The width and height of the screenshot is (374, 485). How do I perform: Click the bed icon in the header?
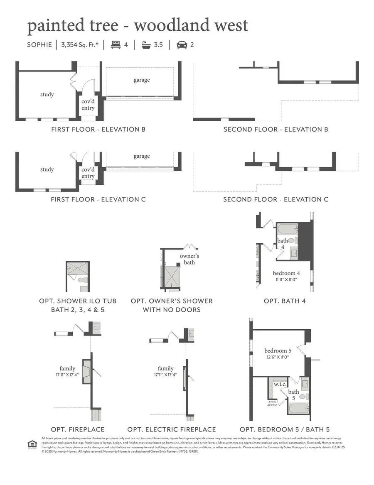(115, 44)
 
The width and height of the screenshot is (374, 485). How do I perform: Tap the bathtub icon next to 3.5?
(146, 44)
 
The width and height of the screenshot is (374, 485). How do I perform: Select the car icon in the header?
(182, 44)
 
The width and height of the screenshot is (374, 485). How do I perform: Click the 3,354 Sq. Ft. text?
(81, 44)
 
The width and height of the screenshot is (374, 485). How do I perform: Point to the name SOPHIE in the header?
(39, 44)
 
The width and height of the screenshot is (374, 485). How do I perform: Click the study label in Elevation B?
(47, 94)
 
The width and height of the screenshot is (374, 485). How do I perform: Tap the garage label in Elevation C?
(142, 156)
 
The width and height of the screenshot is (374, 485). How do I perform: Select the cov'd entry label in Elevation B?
(88, 105)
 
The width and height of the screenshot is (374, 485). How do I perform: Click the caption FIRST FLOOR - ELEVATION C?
(98, 199)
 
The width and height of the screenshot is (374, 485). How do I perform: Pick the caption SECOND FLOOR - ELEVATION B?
(276, 129)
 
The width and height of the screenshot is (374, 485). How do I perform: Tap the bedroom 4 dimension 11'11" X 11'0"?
(287, 280)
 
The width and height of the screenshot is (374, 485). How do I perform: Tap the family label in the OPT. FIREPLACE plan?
(67, 368)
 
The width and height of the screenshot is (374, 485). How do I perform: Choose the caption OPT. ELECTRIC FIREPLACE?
(172, 429)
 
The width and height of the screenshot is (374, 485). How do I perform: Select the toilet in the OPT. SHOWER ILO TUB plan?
(81, 280)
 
